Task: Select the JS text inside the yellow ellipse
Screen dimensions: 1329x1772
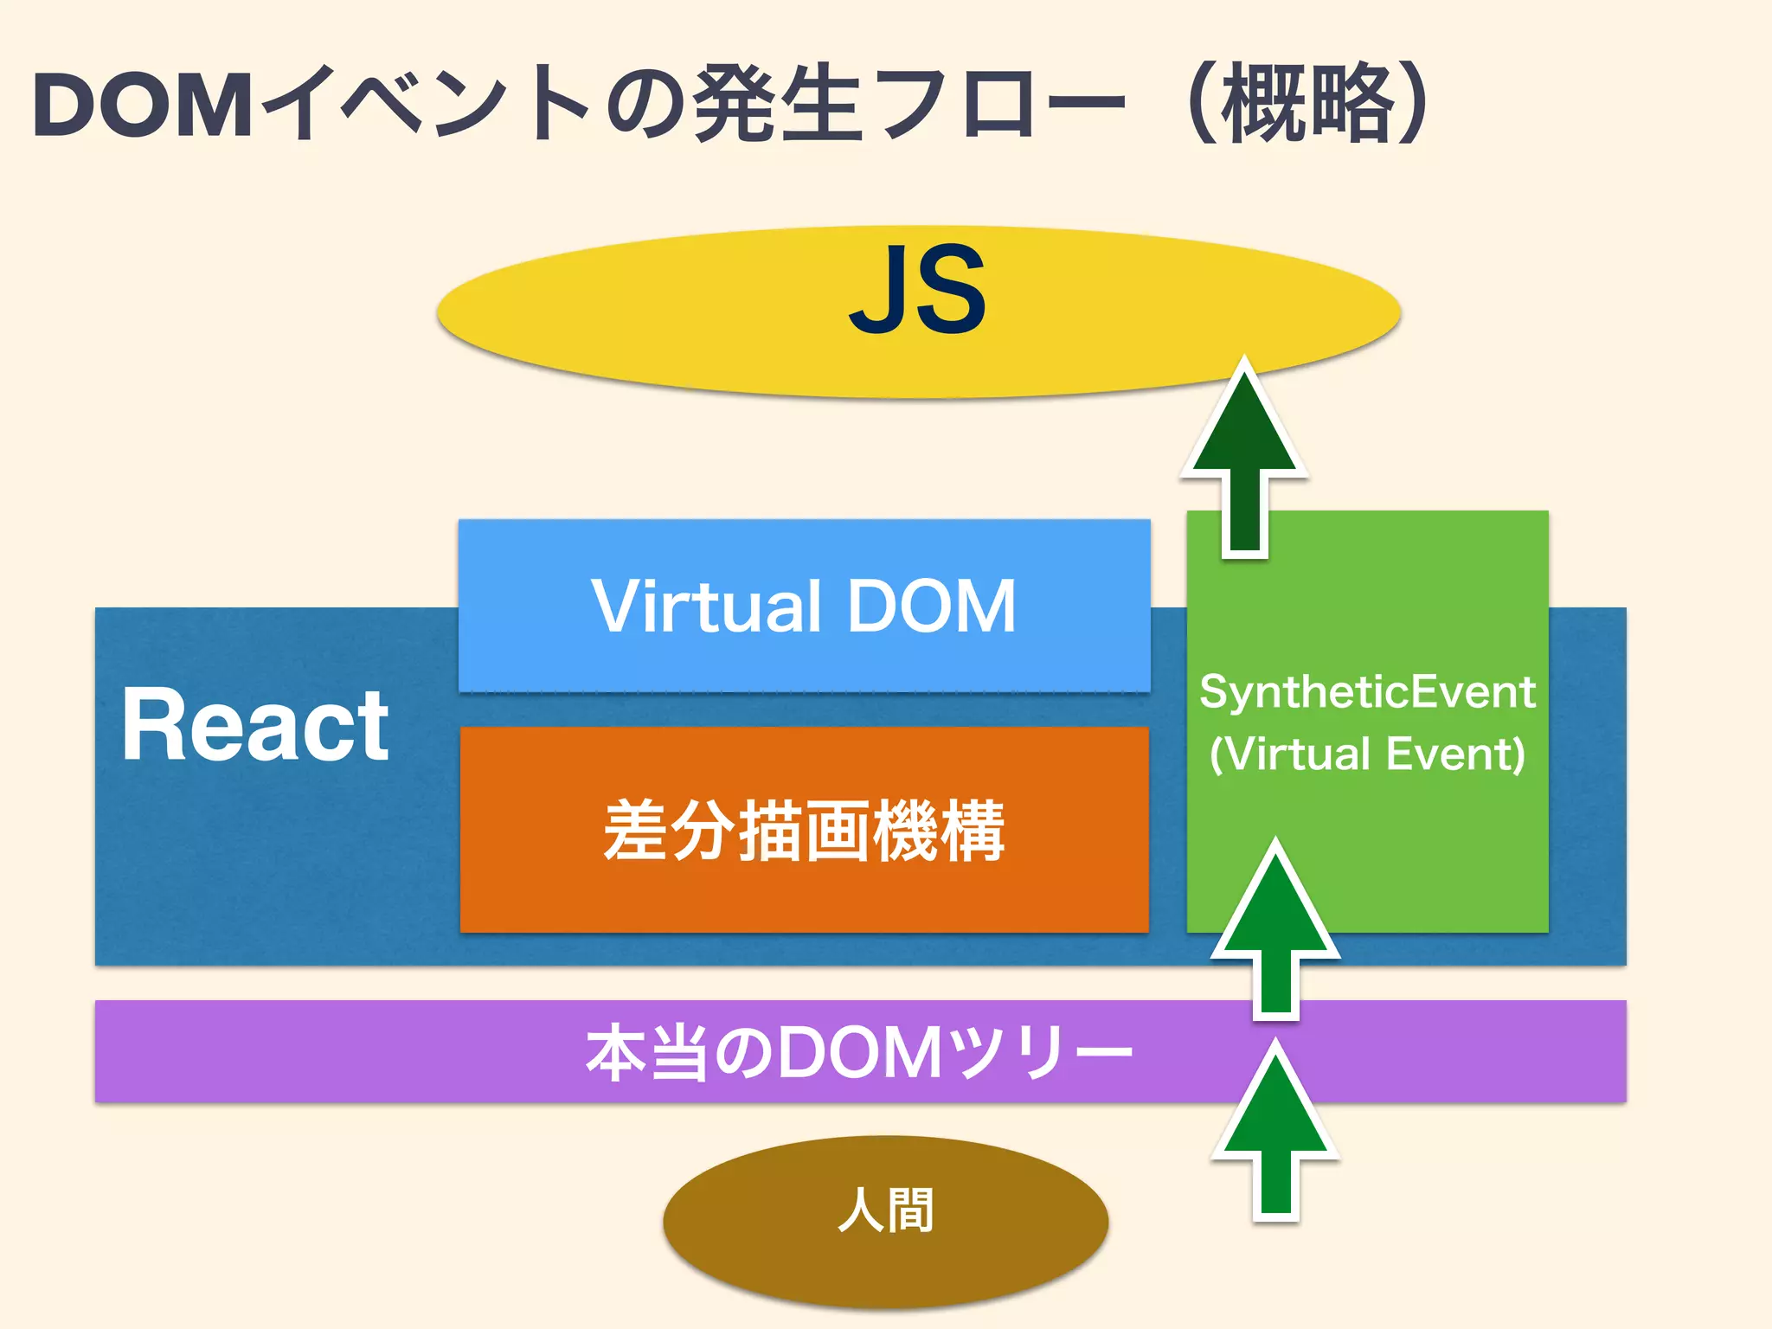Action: (x=917, y=290)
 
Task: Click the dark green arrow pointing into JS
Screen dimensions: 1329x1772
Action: (x=1244, y=459)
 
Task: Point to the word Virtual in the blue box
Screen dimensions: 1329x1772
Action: (x=705, y=607)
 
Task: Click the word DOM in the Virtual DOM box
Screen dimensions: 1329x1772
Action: (x=930, y=607)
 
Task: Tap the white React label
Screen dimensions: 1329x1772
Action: (x=255, y=725)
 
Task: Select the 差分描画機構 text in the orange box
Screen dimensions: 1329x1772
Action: (x=804, y=831)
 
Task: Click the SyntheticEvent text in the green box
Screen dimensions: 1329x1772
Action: (x=1367, y=692)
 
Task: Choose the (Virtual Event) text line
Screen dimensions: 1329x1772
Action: (x=1367, y=754)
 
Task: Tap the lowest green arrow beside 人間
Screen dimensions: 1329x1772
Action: (x=1275, y=1133)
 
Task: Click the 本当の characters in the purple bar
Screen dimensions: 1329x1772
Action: (x=679, y=1053)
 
